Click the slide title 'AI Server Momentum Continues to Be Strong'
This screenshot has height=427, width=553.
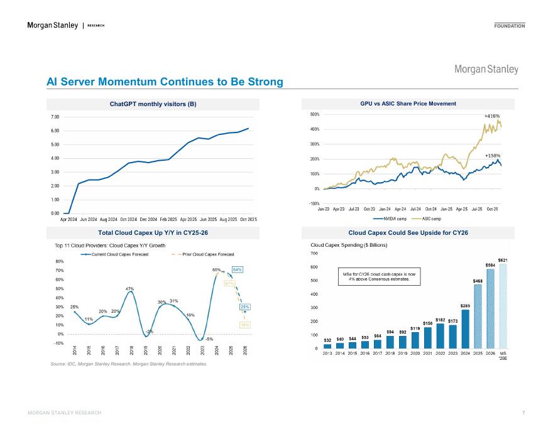click(x=165, y=82)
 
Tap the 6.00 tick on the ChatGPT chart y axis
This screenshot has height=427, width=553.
click(x=55, y=131)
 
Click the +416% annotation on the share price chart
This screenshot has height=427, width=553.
click(x=491, y=116)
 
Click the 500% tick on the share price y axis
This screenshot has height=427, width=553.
click(x=314, y=115)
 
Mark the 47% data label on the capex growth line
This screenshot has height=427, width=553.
click(x=130, y=289)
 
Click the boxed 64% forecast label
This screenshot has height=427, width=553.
click(x=238, y=269)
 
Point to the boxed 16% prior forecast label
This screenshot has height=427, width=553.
click(x=245, y=325)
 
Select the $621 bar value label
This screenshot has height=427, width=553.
click(x=503, y=259)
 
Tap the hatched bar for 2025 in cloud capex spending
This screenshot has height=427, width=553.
click(x=478, y=316)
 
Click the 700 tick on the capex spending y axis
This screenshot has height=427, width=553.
click(x=315, y=253)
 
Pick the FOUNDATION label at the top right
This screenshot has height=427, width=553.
click(x=510, y=26)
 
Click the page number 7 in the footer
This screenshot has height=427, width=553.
click(x=523, y=412)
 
